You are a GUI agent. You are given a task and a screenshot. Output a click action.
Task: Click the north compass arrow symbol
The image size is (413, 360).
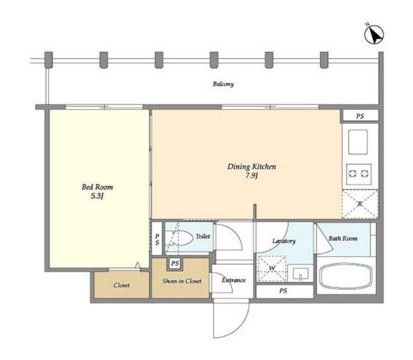coord(374,35)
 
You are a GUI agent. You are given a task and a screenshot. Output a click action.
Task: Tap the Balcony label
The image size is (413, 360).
coord(223,84)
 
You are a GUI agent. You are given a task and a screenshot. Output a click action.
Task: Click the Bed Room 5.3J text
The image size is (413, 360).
coord(97,191)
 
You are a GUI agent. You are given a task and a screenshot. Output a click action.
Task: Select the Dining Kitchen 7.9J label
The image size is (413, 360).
coord(252,171)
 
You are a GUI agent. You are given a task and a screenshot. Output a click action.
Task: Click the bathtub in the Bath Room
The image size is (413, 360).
coord(346,276)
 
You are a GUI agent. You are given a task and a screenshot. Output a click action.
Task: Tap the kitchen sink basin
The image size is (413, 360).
coord(357,142)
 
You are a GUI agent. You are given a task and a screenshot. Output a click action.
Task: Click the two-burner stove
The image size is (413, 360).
coord(359,174)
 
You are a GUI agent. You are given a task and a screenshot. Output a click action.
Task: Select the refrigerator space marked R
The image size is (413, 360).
coord(360,204)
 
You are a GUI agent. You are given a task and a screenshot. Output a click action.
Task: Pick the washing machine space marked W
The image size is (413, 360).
coord(272,268)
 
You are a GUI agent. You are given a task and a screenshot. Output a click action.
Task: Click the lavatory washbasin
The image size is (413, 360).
coord(301,274)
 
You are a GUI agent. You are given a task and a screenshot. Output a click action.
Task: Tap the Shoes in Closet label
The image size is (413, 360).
coord(182,281)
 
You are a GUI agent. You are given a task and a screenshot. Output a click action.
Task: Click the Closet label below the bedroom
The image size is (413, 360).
coord(121,285)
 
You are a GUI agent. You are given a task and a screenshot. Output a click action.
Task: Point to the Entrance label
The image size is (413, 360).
coord(234,280)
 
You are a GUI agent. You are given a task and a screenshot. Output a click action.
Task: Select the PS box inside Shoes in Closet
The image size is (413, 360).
coord(175,264)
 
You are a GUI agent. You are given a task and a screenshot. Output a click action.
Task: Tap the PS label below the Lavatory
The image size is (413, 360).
coord(283,290)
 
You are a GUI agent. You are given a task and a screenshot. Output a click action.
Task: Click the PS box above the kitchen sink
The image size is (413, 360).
coord(360,116)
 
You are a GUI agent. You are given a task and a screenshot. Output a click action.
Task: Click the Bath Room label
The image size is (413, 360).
coord(343,239)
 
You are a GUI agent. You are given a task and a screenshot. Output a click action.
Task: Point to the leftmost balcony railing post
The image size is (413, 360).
coord(48,60)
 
